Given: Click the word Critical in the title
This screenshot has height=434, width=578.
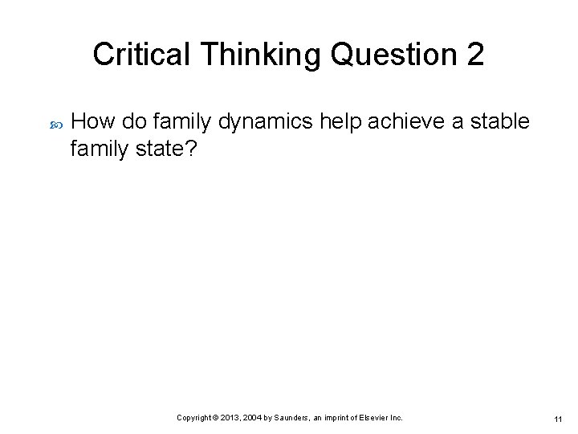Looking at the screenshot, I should (x=141, y=55).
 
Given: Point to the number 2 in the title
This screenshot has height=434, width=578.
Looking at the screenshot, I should (x=474, y=55).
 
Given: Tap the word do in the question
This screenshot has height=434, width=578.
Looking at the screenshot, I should (x=133, y=121).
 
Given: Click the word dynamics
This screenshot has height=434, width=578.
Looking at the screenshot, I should (x=255, y=121).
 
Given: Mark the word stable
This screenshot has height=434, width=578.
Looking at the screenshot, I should (x=499, y=121).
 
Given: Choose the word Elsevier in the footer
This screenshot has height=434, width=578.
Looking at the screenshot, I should (x=375, y=418).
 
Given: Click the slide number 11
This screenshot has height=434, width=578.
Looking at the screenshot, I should (x=557, y=420).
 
